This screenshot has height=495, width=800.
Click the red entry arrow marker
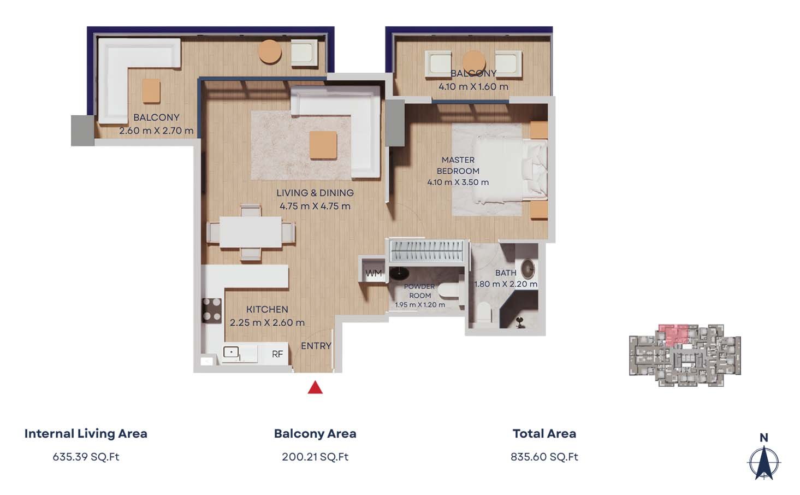[x=315, y=387]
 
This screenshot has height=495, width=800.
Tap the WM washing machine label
[x=374, y=273]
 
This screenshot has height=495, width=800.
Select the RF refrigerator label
[x=277, y=354]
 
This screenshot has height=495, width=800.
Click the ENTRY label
[x=316, y=346]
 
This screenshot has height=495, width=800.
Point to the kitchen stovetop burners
[x=211, y=310]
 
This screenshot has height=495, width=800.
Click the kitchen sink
[x=231, y=352]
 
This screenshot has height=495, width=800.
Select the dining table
[x=250, y=232]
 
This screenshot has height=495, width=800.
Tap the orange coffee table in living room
[x=323, y=145]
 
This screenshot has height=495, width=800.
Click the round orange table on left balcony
[x=270, y=52]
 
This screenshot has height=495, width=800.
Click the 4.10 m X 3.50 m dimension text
[x=458, y=182]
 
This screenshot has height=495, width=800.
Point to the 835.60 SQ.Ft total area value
[x=544, y=457]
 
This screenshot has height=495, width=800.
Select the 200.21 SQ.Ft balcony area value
[x=315, y=457]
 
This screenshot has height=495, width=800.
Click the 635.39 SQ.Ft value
[x=86, y=457]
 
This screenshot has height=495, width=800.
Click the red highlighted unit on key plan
[x=673, y=334]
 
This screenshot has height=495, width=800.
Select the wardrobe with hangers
[x=427, y=250]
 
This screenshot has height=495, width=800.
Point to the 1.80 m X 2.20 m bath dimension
[x=506, y=284]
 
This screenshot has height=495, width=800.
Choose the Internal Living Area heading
[x=86, y=433]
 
